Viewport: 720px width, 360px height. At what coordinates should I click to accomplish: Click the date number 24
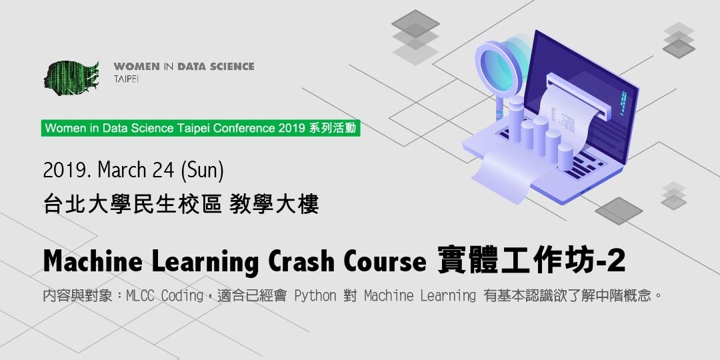(x=163, y=171)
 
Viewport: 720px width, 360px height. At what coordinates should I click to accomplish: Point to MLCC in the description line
(x=143, y=295)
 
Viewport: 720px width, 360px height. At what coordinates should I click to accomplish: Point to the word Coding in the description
(x=182, y=295)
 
